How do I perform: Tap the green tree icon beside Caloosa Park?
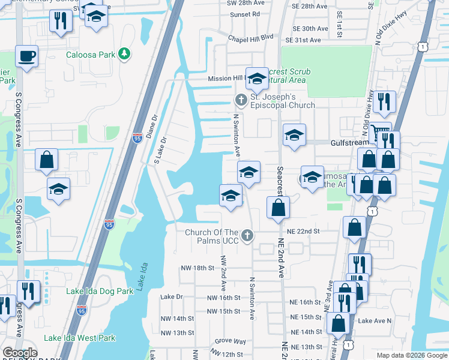click(124, 55)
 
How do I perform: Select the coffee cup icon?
click(27, 57)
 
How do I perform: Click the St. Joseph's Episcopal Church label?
click(282, 101)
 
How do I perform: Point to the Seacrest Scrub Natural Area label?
click(288, 75)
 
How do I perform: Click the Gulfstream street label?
click(349, 143)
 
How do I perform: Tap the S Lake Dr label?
click(159, 151)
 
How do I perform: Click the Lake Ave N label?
click(375, 321)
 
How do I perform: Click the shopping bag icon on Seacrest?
click(278, 208)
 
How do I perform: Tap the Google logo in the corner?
click(20, 353)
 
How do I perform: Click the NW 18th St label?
click(197, 268)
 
